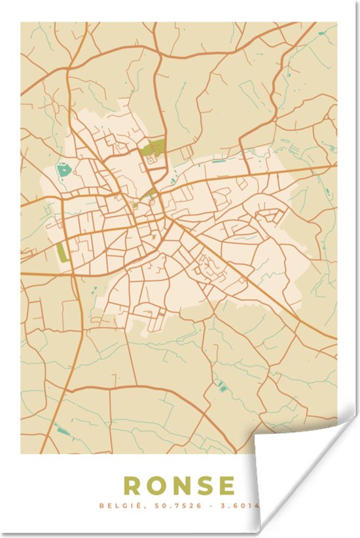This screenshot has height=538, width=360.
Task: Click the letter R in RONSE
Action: click(x=132, y=486)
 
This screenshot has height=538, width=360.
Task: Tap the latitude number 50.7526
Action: click(x=162, y=505)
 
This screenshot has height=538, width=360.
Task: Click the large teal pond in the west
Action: click(x=63, y=171)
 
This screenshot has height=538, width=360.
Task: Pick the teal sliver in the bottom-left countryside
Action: click(x=63, y=431)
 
